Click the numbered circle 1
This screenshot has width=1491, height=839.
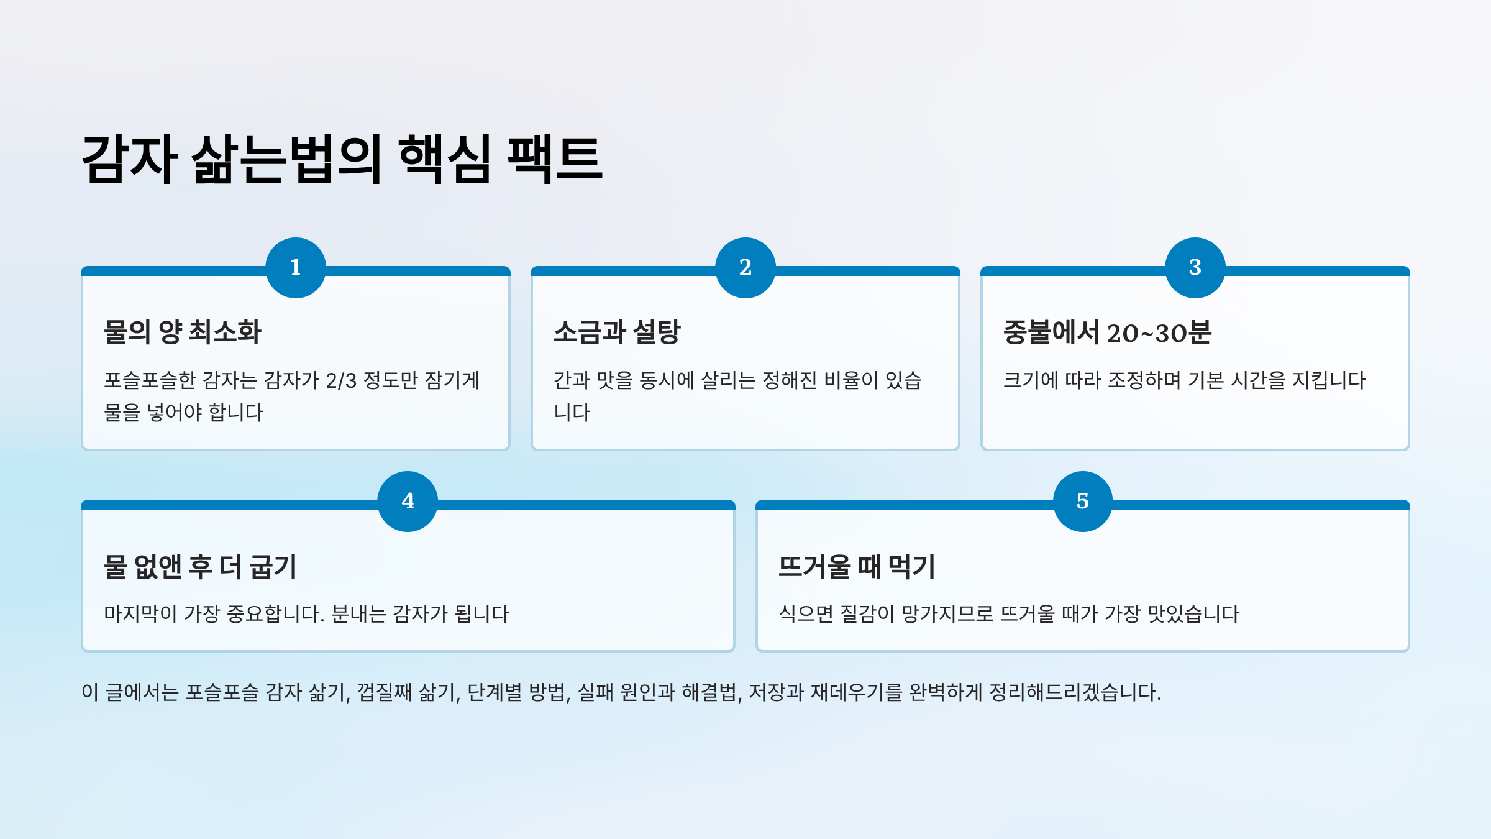(x=296, y=267)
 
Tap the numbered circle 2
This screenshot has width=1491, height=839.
(x=745, y=267)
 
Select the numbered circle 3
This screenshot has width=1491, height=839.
(x=1195, y=267)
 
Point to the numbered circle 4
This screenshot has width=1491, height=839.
(x=408, y=501)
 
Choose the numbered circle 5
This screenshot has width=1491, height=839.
(x=1082, y=501)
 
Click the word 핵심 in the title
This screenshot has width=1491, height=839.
(x=445, y=159)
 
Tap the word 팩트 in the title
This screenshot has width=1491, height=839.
(x=555, y=159)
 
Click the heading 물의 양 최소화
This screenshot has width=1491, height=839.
(x=183, y=332)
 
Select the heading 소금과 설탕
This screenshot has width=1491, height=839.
(x=617, y=332)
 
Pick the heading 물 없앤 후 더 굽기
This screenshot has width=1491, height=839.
(x=200, y=566)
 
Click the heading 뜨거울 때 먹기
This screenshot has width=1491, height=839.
(x=857, y=566)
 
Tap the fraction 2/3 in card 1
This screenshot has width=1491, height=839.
(x=341, y=380)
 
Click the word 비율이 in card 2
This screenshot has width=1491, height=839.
(x=850, y=380)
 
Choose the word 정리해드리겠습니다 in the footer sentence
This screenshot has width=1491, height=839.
(x=1075, y=692)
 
